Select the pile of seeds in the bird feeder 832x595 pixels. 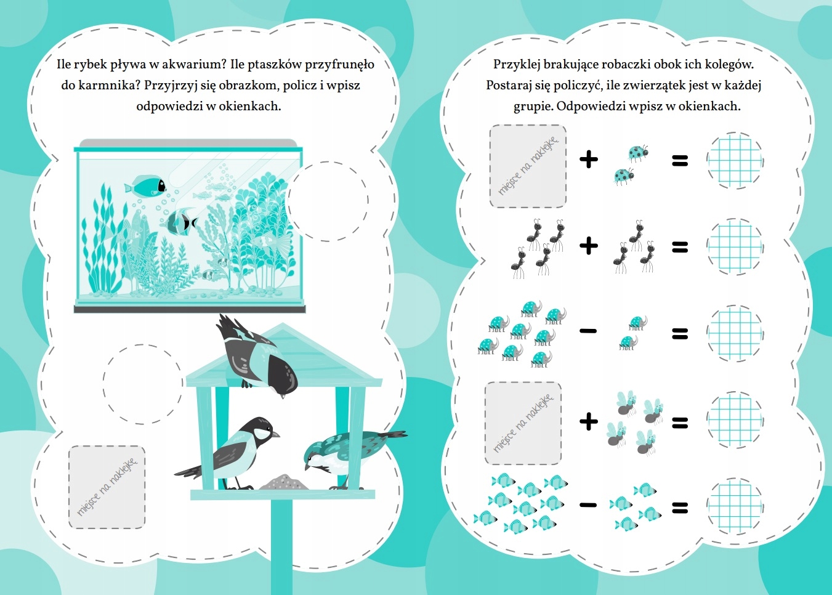pyautogui.click(x=284, y=482)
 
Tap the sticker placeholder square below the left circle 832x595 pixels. pyautogui.click(x=107, y=487)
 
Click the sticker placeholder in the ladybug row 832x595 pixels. pyautogui.click(x=528, y=166)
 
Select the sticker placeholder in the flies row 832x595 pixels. pyautogui.click(x=523, y=423)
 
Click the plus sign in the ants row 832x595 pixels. pyautogui.click(x=589, y=246)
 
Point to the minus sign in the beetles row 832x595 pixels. pyautogui.click(x=588, y=331)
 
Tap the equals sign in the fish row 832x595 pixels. pyautogui.click(x=680, y=508)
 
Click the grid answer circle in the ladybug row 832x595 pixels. pyautogui.click(x=734, y=161)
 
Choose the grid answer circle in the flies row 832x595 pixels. pyautogui.click(x=734, y=421)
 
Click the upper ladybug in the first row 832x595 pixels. pyautogui.click(x=638, y=152)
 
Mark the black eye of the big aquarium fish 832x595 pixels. pyautogui.click(x=161, y=185)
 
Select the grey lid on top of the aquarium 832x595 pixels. pyautogui.click(x=188, y=144)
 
